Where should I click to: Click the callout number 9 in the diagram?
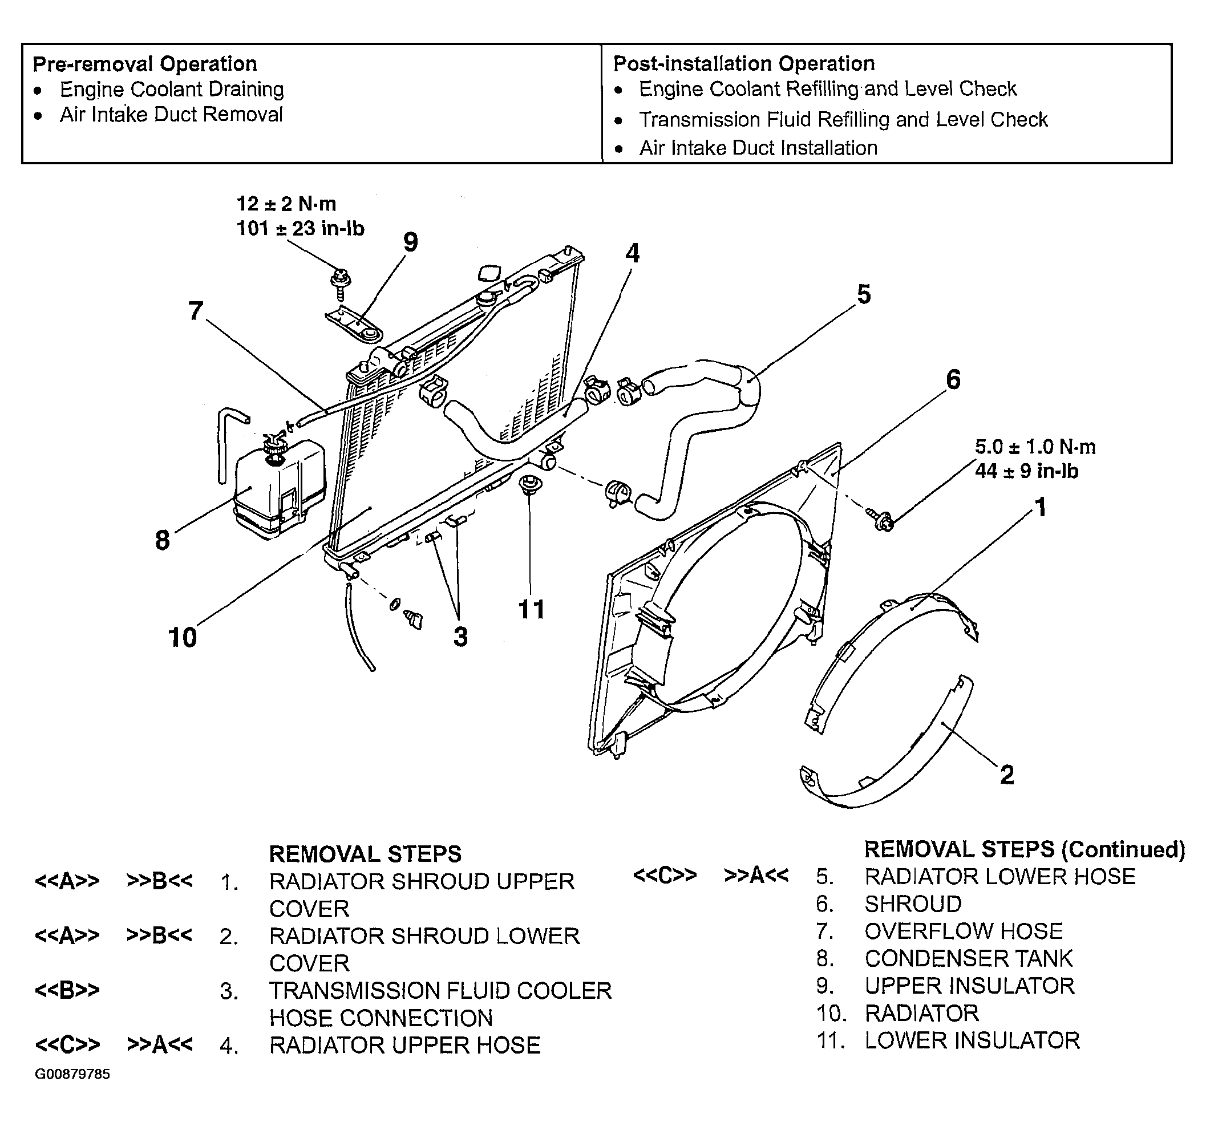pos(411,242)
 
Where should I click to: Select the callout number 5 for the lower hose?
pos(864,294)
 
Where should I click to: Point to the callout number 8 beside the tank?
pos(162,540)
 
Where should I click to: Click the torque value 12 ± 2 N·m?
pos(286,203)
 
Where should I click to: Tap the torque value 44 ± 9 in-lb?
pos(1027,471)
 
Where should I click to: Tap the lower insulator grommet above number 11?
pos(530,485)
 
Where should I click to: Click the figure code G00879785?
pos(72,1075)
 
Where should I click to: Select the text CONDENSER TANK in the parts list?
pos(969,959)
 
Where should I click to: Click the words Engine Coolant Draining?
pos(172,89)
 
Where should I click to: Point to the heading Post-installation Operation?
pos(744,63)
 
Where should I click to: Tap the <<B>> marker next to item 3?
pos(67,990)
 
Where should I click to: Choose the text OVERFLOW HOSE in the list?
pos(964,931)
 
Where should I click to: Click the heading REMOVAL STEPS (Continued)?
pos(1025,850)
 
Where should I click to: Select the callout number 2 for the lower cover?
pos(1007,775)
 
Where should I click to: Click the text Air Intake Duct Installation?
pos(758,148)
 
